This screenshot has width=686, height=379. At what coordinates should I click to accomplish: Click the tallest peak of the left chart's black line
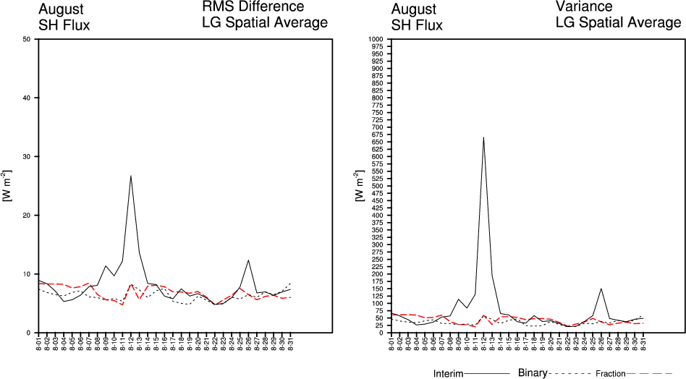131,176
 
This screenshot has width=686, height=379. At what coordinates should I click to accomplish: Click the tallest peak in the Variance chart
483,137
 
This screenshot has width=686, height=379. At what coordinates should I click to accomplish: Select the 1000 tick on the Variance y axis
376,39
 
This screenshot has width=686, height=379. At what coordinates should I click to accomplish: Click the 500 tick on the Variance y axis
378,186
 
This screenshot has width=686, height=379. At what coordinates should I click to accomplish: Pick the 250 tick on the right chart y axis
378,259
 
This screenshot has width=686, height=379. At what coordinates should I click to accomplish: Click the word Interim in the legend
448,374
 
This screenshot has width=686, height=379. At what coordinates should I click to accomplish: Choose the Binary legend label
533,373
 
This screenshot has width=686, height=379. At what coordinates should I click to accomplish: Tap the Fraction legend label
610,374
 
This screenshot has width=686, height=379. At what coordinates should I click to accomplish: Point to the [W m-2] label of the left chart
7,186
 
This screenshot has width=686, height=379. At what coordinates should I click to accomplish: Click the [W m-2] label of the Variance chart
360,186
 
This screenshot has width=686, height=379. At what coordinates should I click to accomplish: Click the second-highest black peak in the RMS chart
248,260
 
